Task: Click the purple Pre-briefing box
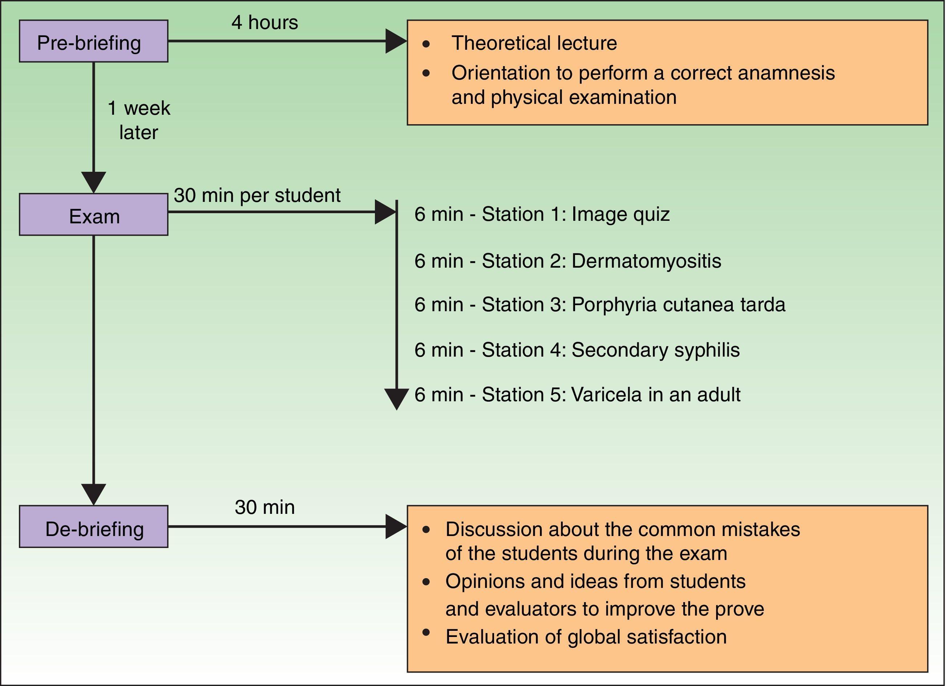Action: point(93,41)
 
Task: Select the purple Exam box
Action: point(93,215)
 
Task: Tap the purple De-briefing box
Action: point(93,527)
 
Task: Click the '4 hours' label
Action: point(264,23)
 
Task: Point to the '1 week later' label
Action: point(138,121)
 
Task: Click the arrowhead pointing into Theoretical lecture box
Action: point(395,41)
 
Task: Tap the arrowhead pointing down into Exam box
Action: point(93,182)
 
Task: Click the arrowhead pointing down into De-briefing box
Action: point(93,494)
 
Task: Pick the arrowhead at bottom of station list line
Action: point(396,399)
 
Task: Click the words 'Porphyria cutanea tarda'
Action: point(678,305)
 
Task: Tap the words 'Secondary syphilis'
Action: point(655,350)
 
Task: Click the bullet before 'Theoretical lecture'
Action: point(426,44)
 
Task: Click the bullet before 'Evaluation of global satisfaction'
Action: point(426,633)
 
